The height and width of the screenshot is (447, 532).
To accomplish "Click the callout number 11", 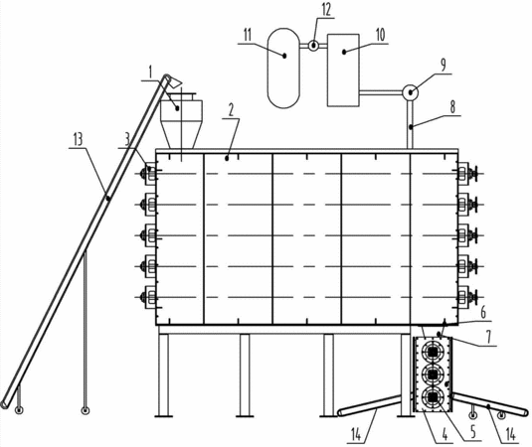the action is click(x=248, y=35).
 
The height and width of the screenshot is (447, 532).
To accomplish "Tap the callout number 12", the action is click(x=326, y=10).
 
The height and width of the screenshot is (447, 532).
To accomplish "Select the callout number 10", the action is click(x=380, y=35).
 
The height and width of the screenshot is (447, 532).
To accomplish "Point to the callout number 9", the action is click(x=443, y=65).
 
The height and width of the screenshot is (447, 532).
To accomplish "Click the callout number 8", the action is click(x=452, y=107).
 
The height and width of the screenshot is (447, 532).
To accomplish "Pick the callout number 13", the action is click(x=78, y=139).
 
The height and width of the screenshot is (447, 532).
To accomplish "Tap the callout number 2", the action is click(x=231, y=110).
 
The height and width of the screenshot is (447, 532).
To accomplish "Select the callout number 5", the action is click(x=472, y=432).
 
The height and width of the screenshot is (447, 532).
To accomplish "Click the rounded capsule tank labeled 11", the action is click(x=284, y=69).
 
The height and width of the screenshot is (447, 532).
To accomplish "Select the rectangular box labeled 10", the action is click(x=343, y=71).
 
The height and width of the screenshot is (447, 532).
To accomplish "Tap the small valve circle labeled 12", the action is click(x=314, y=45).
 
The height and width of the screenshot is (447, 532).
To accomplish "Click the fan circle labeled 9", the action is click(x=410, y=92).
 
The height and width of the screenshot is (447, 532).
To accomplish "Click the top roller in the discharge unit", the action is click(x=433, y=352).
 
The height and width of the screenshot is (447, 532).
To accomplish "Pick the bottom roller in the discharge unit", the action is click(x=433, y=397).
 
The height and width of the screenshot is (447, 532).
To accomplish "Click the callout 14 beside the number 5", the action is click(x=510, y=434).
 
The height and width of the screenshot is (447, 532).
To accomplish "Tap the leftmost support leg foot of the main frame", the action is click(x=164, y=415).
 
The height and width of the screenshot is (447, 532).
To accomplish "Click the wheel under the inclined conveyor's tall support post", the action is click(x=86, y=410).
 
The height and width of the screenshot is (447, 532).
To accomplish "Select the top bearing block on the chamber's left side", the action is click(x=150, y=174).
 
